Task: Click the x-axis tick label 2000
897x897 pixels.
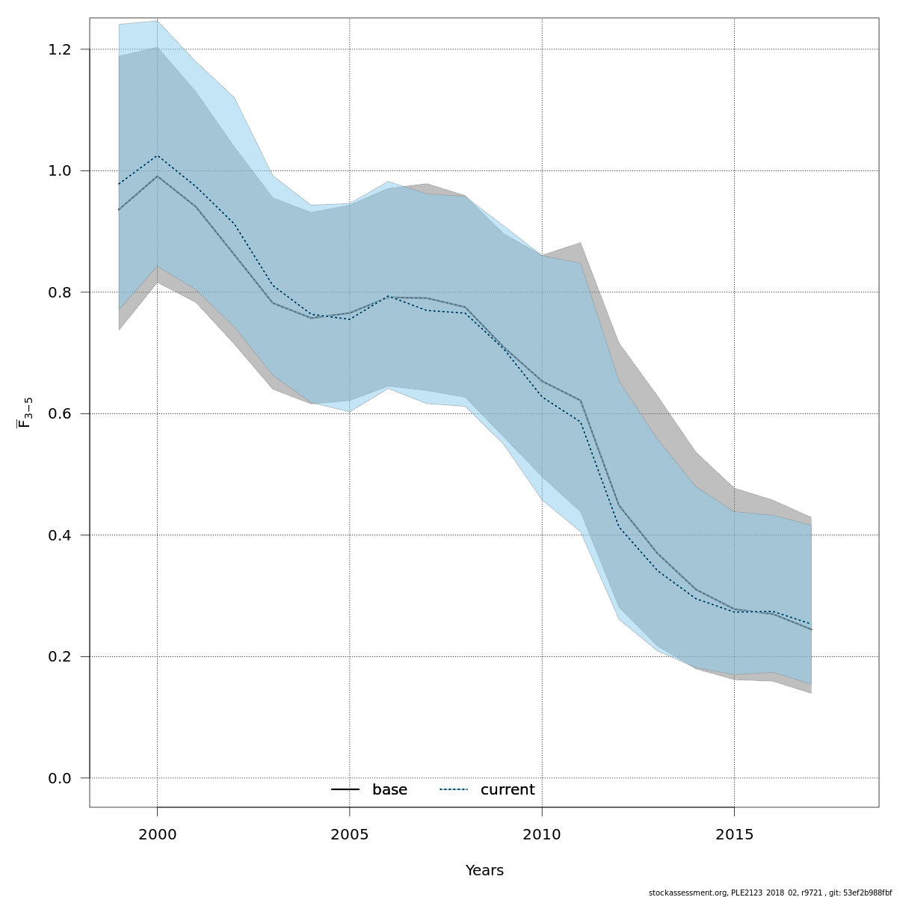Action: tap(157, 833)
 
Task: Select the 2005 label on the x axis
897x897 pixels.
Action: tap(350, 833)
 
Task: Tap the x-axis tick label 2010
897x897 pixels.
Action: tap(542, 833)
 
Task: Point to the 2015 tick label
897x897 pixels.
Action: tap(734, 833)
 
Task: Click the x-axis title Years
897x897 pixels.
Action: tap(484, 871)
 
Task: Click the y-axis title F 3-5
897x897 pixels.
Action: tap(25, 413)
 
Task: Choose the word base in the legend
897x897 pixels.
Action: tap(389, 790)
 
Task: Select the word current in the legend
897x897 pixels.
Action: tap(508, 790)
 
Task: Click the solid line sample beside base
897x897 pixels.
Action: tap(345, 790)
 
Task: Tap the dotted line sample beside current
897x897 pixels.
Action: tap(453, 790)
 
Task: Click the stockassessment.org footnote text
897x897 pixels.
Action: tap(770, 893)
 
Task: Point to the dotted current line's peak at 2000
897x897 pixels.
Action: tap(157, 155)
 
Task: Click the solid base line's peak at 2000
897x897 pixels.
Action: tap(157, 176)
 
